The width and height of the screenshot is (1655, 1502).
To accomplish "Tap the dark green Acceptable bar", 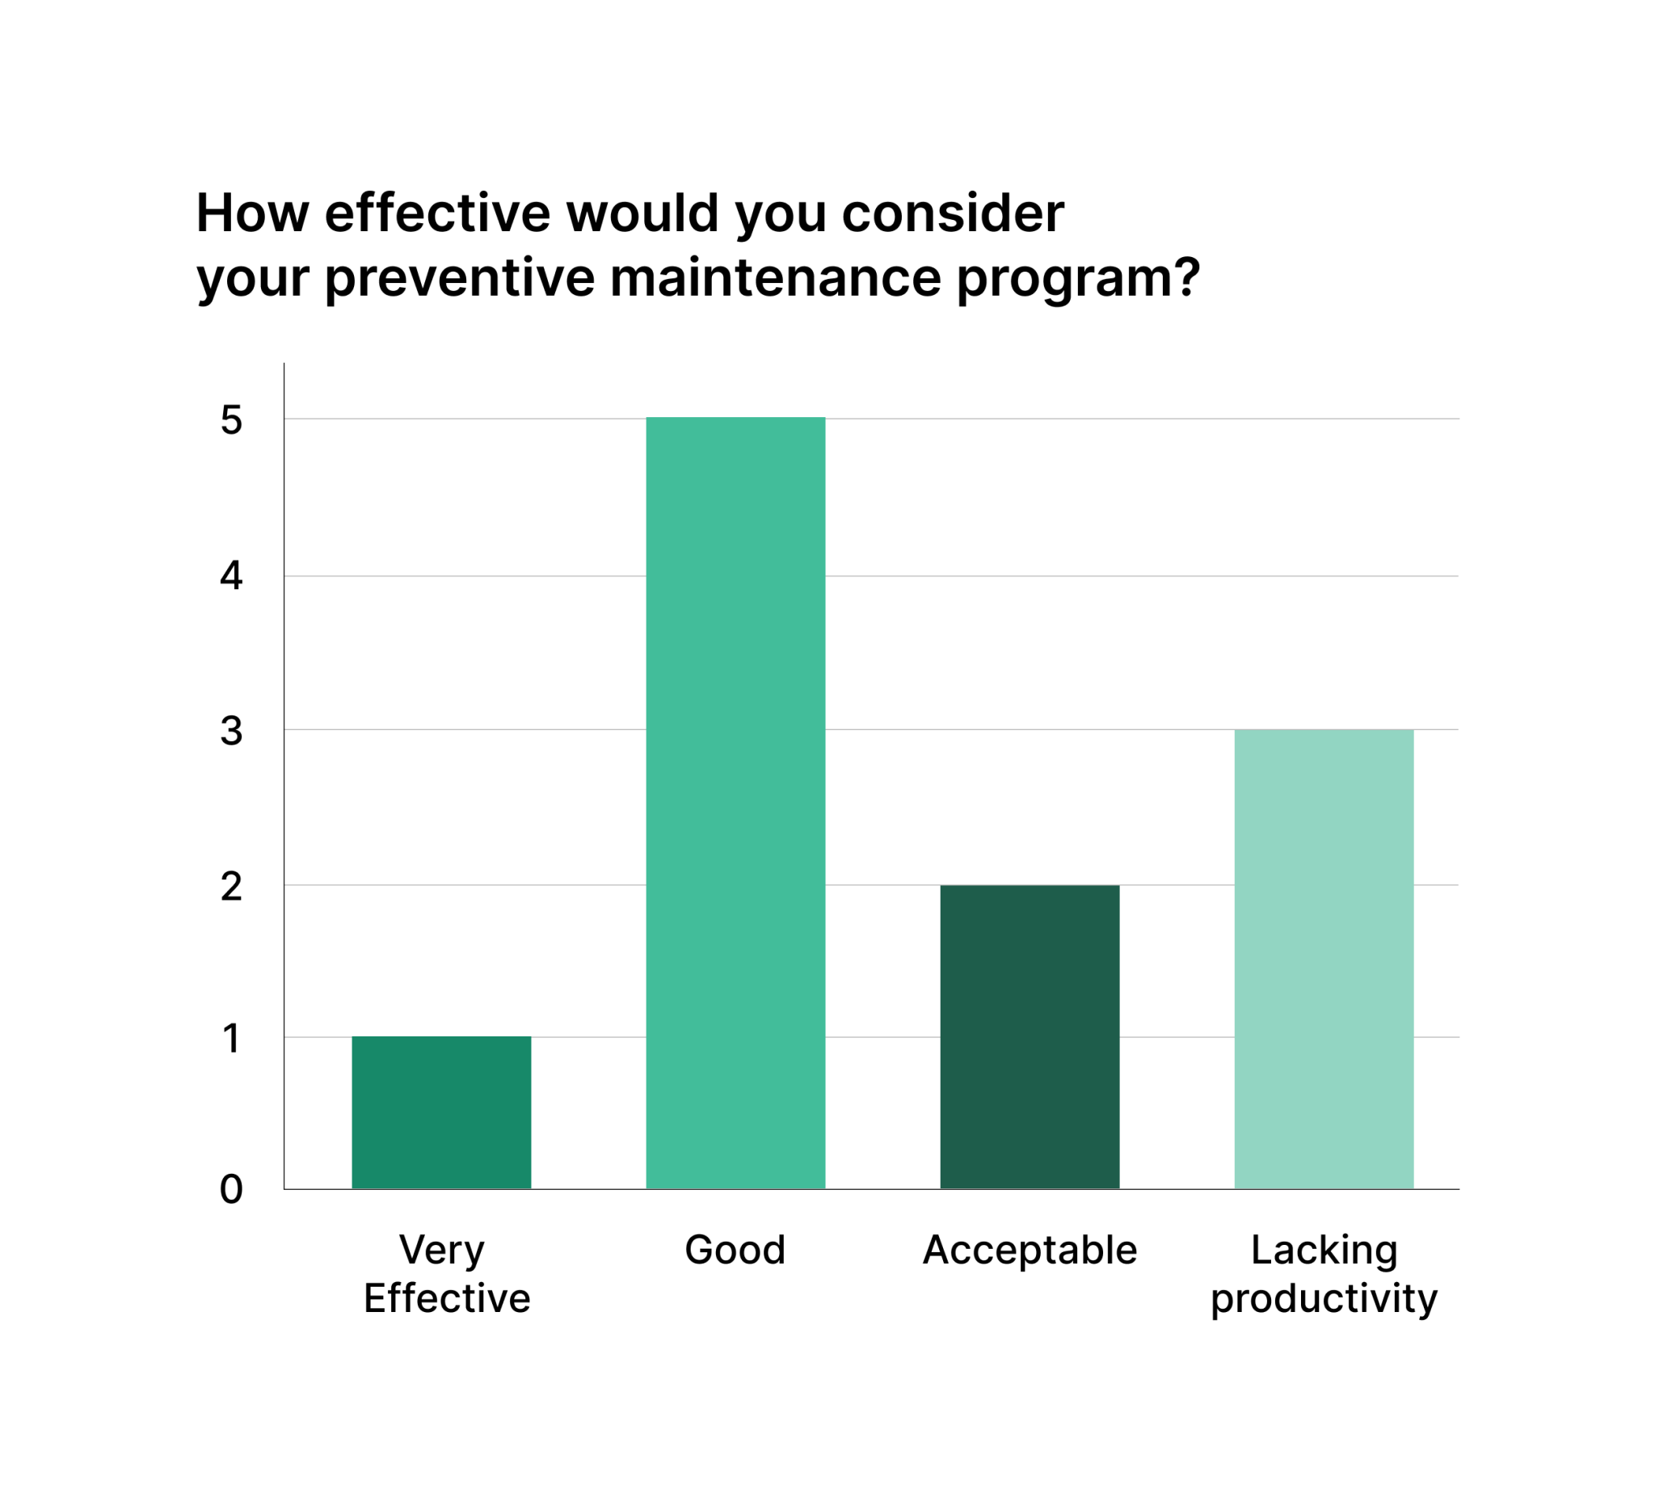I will point(1030,1036).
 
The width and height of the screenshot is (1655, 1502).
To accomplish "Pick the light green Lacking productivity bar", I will point(1324,959).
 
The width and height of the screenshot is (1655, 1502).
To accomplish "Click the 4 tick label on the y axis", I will point(231,576).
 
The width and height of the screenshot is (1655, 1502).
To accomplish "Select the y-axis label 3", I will point(231,730).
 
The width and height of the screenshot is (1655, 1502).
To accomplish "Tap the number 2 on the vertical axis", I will point(231,886).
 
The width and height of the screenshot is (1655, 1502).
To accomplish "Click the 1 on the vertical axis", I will point(231,1038).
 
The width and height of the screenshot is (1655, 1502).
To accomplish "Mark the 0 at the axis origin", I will point(231,1189).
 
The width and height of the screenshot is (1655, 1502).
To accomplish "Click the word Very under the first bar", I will point(442,1251).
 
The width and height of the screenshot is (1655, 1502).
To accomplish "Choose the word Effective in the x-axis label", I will point(448,1298).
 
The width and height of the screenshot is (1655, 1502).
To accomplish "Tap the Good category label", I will point(735,1250).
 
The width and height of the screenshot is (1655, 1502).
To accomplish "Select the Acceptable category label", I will point(1030,1250).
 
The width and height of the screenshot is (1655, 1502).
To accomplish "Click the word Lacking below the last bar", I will point(1324,1251).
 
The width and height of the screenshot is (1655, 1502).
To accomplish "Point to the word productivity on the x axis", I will point(1324,1300).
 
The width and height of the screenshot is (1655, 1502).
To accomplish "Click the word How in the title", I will point(252,213).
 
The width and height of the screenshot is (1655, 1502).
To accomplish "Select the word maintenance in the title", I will point(775,277).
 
